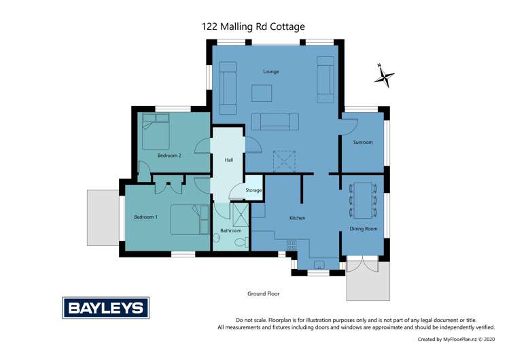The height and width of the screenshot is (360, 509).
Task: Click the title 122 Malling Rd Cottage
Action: tap(253, 26)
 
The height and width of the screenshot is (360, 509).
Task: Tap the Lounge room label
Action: tap(271, 71)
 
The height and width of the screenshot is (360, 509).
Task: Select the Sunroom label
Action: tap(363, 143)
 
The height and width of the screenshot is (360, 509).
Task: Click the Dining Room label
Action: tap(363, 229)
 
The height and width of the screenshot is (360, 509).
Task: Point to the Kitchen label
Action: tap(297, 218)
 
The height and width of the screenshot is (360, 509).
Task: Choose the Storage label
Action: tap(253, 191)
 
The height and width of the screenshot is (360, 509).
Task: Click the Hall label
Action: tap(229, 160)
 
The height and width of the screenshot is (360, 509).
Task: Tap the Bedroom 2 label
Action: tap(169, 156)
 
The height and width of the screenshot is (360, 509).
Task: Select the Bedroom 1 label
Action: tap(145, 217)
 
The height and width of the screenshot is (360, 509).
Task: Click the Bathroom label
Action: tap(230, 231)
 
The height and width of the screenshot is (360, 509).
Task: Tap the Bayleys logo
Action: tap(105, 308)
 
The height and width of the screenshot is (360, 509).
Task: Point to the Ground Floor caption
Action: tap(263, 294)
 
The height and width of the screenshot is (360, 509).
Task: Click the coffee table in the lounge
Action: tap(262, 92)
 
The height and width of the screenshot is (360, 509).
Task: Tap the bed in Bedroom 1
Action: tap(189, 219)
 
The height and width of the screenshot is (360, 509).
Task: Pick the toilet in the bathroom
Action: tap(241, 242)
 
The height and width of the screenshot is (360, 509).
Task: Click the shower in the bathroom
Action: tap(241, 215)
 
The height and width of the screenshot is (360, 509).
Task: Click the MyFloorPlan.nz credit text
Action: tap(459, 339)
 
